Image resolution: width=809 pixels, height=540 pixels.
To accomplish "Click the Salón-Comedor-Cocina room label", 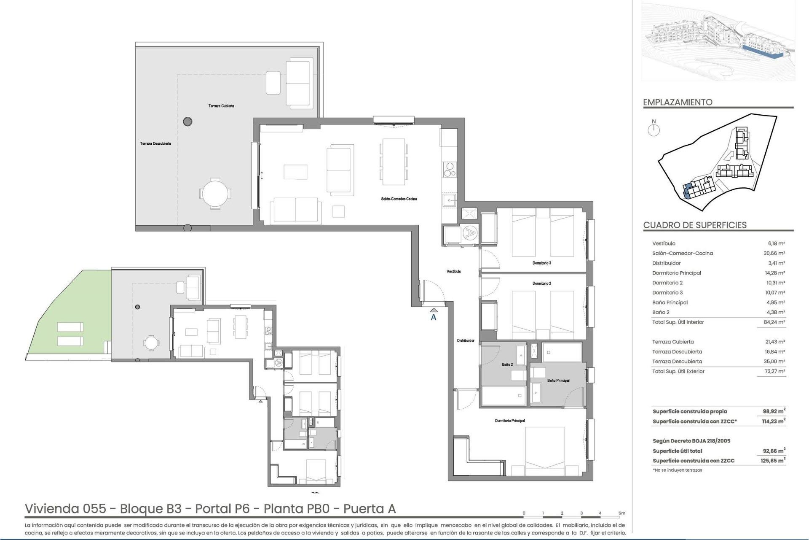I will click(x=399, y=199).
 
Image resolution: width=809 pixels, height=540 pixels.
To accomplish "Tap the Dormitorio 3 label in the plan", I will click(x=541, y=263).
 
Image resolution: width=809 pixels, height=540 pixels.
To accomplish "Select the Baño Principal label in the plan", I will click(x=558, y=381).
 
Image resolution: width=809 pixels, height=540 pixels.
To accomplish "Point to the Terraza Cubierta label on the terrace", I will click(x=221, y=106).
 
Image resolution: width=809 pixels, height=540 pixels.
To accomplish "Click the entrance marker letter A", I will click(x=433, y=318).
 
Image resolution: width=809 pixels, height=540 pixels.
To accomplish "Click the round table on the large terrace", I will click(x=215, y=194).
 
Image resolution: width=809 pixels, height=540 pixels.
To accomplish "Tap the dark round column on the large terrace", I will click(x=188, y=122).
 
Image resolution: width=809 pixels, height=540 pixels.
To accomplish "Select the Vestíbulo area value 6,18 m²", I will click(x=776, y=243).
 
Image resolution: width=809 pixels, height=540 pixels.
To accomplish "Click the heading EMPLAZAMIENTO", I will click(x=678, y=102).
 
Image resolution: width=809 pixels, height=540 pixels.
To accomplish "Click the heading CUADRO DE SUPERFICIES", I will click(x=694, y=225).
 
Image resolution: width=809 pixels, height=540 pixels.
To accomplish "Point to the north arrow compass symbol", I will click(x=654, y=129).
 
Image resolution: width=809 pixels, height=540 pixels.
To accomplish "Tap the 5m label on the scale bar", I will click(x=621, y=513).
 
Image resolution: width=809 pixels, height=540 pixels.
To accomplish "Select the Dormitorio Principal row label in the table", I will click(x=676, y=273).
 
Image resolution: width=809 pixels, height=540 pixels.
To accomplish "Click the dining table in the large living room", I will click(x=394, y=162).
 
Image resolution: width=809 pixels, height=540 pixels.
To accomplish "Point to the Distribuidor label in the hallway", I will click(x=466, y=340).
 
